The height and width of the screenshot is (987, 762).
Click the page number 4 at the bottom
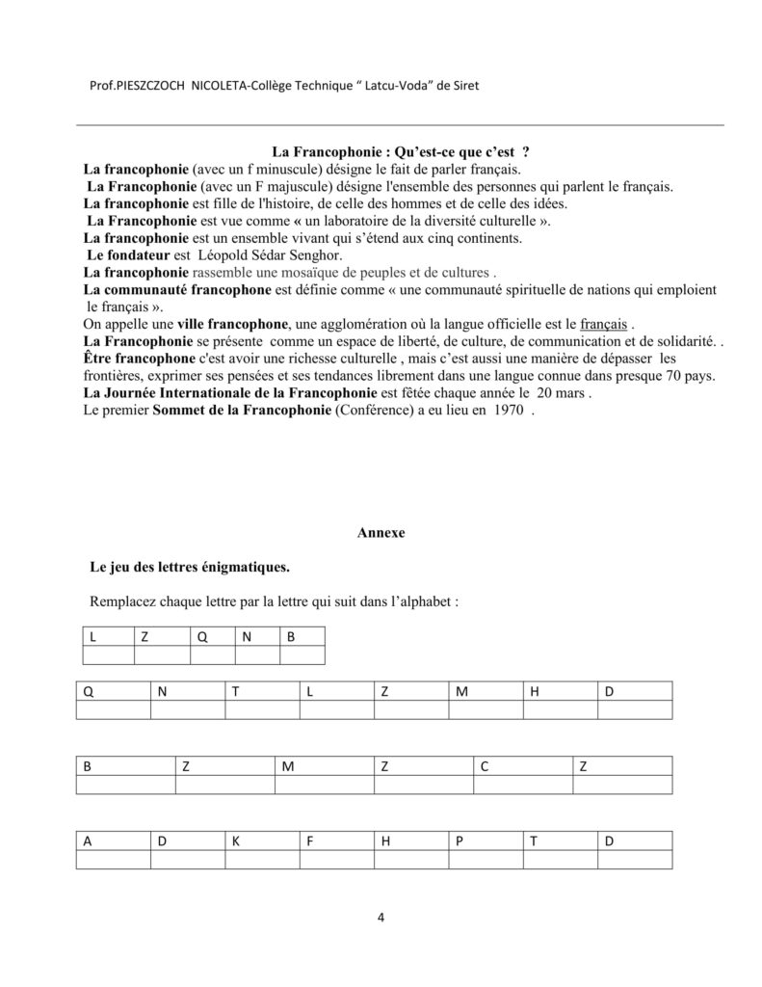(381, 917)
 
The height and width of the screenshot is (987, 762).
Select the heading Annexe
(381, 532)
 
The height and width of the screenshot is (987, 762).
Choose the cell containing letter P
(485, 840)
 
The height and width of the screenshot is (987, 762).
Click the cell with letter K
(261, 840)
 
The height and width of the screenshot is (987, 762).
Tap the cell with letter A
(113, 840)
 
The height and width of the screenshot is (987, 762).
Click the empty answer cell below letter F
(335, 859)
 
